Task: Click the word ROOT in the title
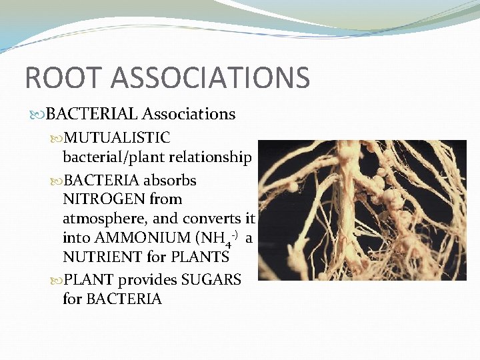pyautogui.click(x=57, y=77)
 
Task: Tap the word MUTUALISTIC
pyautogui.click(x=117, y=138)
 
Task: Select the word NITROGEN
pyautogui.click(x=99, y=199)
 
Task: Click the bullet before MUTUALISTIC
pyautogui.click(x=57, y=139)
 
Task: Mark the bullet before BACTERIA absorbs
pyautogui.click(x=57, y=181)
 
